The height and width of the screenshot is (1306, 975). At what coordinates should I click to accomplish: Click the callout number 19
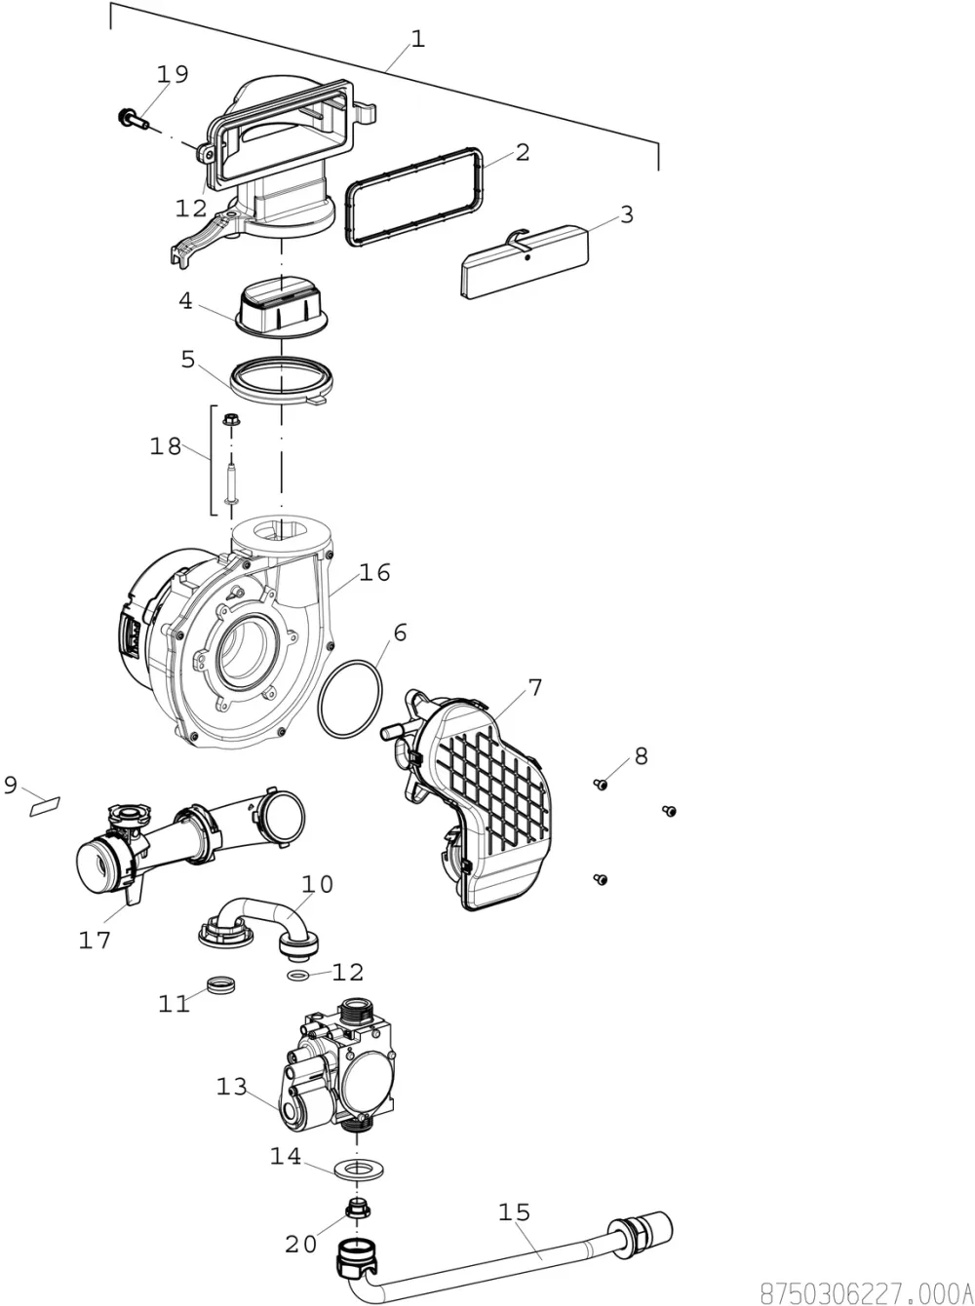click(173, 74)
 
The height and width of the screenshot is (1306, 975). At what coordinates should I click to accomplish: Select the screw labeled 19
click(134, 119)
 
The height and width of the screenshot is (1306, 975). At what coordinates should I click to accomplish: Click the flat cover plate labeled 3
click(525, 261)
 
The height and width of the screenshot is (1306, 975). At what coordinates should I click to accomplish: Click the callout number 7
click(535, 688)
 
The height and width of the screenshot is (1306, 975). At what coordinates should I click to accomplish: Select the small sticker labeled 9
click(45, 806)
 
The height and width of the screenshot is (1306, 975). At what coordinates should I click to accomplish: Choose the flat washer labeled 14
click(359, 1170)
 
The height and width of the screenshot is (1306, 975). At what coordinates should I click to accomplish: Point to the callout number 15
click(514, 1212)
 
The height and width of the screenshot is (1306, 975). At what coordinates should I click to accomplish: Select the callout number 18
click(165, 445)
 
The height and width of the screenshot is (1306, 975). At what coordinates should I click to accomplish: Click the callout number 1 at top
click(418, 39)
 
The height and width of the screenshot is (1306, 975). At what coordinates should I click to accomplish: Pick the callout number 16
click(374, 572)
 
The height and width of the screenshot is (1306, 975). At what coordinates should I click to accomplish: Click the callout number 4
click(185, 301)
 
